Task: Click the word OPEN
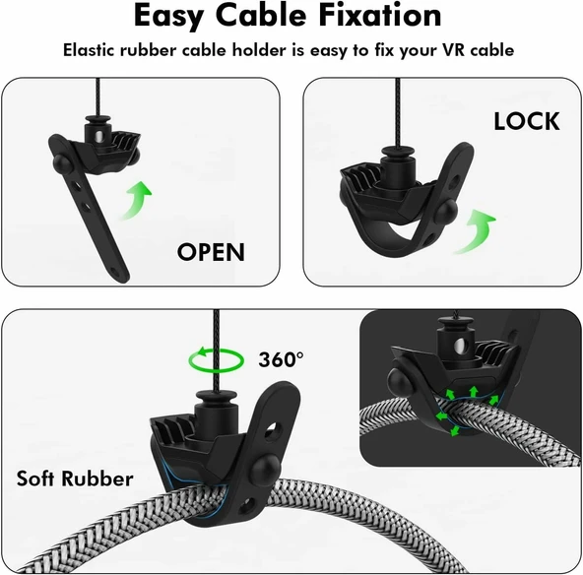211,252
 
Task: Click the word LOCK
527,121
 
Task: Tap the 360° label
281,359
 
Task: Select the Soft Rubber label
75,479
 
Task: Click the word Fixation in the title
380,16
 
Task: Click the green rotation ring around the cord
217,359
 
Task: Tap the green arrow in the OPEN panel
135,200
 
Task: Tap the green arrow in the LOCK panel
475,232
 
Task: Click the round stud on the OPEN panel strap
62,162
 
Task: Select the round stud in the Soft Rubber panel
266,468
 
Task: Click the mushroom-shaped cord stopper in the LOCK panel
397,163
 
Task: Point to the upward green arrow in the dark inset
474,392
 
